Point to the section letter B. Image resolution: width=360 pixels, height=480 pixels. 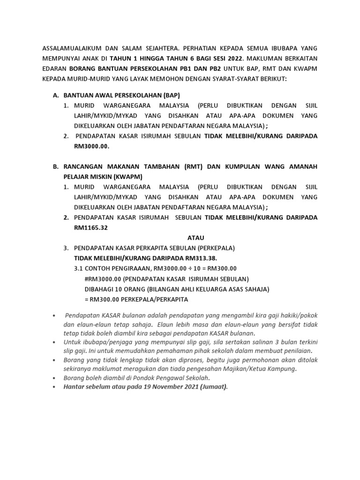[x=55, y=166]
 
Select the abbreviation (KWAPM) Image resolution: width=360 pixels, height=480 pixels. [x=127, y=177]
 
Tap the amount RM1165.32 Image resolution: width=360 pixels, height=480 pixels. [x=91, y=228]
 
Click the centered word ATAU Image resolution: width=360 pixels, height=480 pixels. [x=195, y=238]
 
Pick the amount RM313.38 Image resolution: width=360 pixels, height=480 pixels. [x=201, y=258]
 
